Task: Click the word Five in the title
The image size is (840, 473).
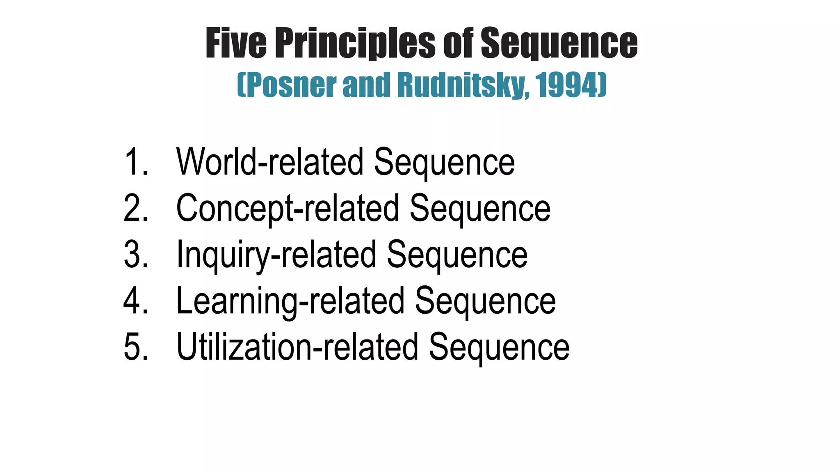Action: pos(236,43)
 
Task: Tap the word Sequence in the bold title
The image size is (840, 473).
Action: pos(559,44)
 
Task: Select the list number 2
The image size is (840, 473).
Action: pos(135,209)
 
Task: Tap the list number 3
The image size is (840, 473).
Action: pos(135,255)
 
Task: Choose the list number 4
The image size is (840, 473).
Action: pos(135,301)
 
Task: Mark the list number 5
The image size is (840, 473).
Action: pos(135,347)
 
